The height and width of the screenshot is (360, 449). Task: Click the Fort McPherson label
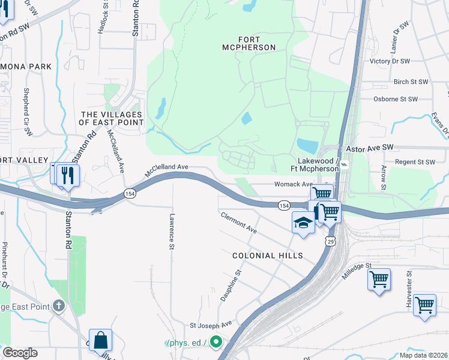click(x=248, y=43)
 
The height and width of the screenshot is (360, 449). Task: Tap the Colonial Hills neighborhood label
click(x=267, y=256)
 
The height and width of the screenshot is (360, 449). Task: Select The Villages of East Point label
click(x=112, y=118)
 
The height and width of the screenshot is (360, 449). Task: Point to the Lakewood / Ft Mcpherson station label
click(x=315, y=165)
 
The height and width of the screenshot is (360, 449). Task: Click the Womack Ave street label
click(x=294, y=184)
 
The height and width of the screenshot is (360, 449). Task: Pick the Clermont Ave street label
click(x=238, y=223)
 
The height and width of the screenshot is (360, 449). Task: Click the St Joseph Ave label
click(x=211, y=324)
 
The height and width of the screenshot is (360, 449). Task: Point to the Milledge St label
click(x=357, y=271)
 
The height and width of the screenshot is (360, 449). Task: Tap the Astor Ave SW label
click(x=369, y=147)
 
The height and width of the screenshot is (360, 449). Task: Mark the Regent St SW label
click(x=414, y=162)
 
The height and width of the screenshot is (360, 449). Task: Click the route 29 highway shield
click(x=330, y=241)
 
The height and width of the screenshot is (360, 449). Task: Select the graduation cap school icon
click(x=303, y=223)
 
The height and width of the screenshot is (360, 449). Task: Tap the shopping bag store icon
click(x=100, y=340)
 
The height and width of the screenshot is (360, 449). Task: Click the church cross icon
click(x=58, y=305)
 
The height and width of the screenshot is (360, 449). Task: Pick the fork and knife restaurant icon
click(x=69, y=175)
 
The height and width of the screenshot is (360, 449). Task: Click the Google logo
click(x=20, y=353)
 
